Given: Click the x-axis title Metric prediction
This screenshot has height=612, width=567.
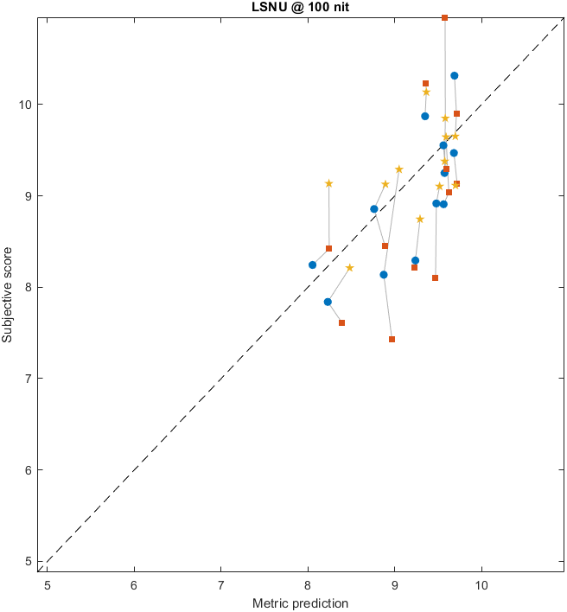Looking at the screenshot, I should (300, 603).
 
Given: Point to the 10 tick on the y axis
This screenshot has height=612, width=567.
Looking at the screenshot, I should (26, 105).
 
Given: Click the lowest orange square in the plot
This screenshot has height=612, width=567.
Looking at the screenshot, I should (392, 339).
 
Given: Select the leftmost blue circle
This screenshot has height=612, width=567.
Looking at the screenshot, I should (312, 265).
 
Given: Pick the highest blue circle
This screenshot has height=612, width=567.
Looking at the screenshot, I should (454, 75).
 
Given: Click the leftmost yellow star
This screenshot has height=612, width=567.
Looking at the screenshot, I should (328, 183).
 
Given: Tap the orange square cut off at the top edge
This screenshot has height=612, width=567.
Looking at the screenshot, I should (445, 18).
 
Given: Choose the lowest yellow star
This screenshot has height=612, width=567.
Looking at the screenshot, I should (349, 268).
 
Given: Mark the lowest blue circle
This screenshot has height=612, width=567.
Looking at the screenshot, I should (328, 302).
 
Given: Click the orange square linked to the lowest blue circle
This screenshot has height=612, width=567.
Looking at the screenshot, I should (341, 322).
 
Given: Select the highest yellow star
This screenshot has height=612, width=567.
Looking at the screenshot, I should (426, 92).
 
